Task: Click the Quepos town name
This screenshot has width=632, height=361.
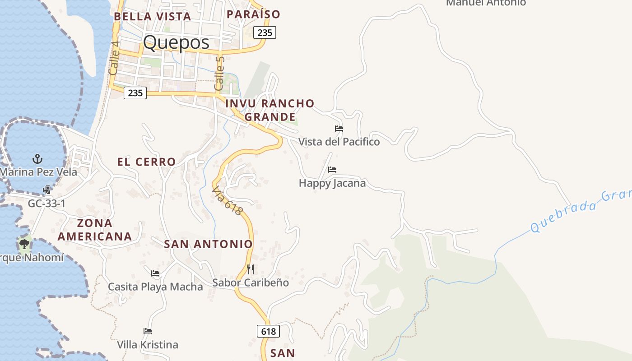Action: coord(176,42)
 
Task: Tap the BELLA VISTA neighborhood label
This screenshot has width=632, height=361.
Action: coord(152,16)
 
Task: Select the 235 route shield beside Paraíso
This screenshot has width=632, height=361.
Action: coord(265,32)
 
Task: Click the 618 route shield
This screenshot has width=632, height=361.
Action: coord(268,331)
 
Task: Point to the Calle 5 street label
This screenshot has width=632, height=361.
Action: coord(220,73)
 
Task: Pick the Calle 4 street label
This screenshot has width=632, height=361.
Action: coord(114,61)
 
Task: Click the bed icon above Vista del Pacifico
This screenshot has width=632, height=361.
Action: coord(339,129)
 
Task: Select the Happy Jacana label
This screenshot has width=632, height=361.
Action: coord(332,183)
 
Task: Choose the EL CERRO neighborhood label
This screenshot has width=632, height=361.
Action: coord(146,162)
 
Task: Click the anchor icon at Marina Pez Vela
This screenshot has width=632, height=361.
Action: coord(38,159)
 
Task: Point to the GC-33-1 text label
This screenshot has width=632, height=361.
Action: coord(46,204)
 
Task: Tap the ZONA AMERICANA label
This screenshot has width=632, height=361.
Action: coord(95,229)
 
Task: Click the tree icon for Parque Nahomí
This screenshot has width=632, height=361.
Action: coord(24,245)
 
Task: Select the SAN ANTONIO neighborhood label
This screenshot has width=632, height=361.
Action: coord(208,244)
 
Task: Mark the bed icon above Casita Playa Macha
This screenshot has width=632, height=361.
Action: coord(155,273)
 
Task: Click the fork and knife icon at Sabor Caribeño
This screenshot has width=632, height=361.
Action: coord(251,269)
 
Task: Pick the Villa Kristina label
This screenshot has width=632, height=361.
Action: coord(148,345)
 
